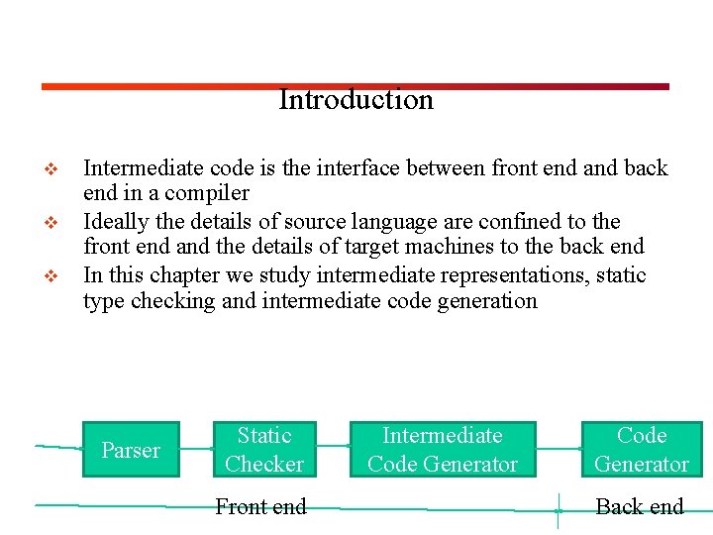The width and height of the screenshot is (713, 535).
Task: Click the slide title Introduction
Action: pos(356,100)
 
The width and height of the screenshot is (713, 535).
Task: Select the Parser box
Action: pos(130,450)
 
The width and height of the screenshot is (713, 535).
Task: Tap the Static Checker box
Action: pos(264,450)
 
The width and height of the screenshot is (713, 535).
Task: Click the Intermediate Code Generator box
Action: pos(443,450)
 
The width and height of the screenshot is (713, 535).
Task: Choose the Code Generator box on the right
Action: pos(642,450)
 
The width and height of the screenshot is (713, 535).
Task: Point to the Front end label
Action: pos(260,507)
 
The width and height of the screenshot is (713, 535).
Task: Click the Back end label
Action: pos(640,507)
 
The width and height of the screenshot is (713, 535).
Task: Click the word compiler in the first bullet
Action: pos(207,193)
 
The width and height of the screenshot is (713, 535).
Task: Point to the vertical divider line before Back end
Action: pos(559,510)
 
